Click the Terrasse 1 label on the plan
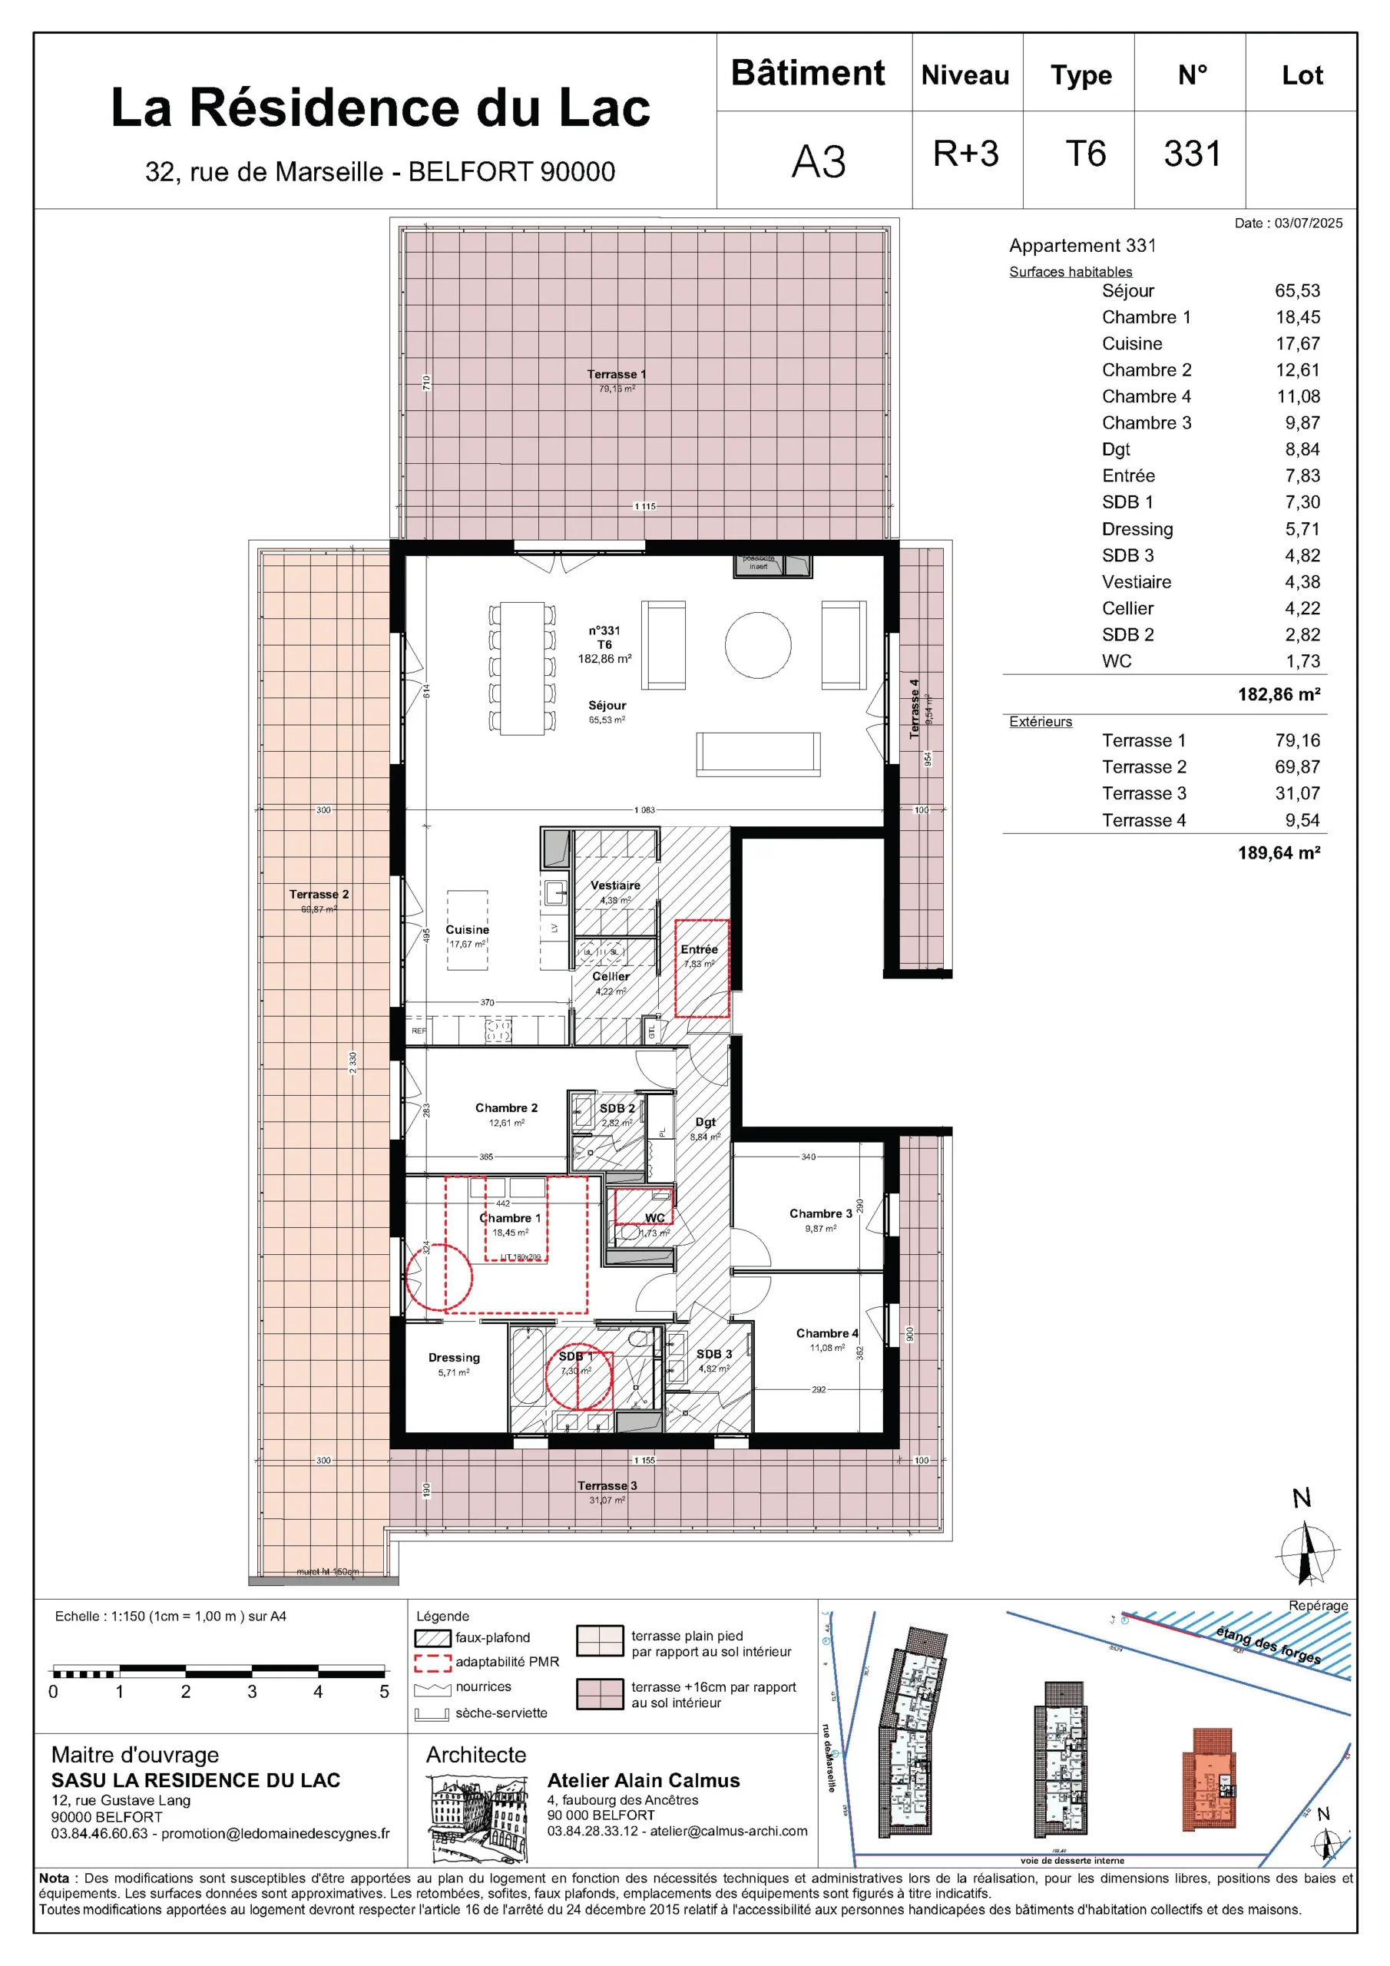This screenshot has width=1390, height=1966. pyautogui.click(x=616, y=374)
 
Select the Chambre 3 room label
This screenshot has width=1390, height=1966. pyautogui.click(x=819, y=1213)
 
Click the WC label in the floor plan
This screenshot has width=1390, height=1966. pyautogui.click(x=654, y=1218)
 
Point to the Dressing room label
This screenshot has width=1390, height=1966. pyautogui.click(x=454, y=1357)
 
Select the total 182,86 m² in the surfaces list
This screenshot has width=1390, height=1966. pyautogui.click(x=1278, y=694)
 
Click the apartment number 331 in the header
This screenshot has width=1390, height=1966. pyautogui.click(x=1191, y=155)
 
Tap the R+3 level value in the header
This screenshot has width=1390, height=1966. pyautogui.click(x=965, y=155)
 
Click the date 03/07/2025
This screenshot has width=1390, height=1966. pyautogui.click(x=1308, y=223)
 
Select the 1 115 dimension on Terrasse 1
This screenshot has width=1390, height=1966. pyautogui.click(x=645, y=506)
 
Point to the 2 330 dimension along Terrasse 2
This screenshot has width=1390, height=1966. pyautogui.click(x=352, y=1062)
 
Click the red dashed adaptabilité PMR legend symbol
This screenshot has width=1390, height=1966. pyautogui.click(x=432, y=1662)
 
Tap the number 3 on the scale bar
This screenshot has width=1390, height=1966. pyautogui.click(x=252, y=1692)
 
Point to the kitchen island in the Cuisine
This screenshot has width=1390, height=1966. pyautogui.click(x=468, y=930)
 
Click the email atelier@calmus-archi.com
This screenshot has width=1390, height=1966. pyautogui.click(x=728, y=1831)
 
